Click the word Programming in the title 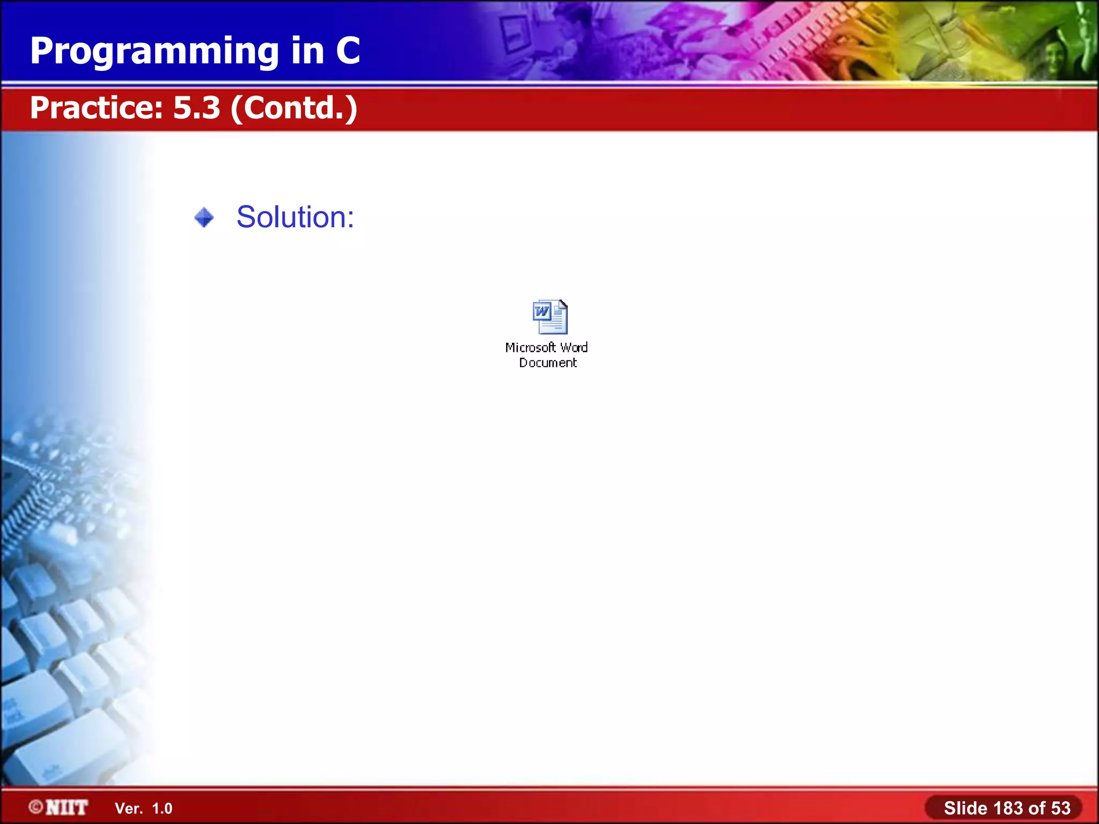click(155, 51)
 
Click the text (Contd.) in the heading click(294, 108)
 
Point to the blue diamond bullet click(204, 217)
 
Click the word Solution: click(295, 217)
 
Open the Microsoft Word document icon click(549, 317)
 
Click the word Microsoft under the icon click(530, 348)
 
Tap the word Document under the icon click(547, 363)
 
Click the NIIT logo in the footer click(67, 807)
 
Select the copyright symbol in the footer click(36, 807)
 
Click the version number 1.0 click(162, 808)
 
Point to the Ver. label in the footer click(129, 808)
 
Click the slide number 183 click(1008, 808)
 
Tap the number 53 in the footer click(1060, 808)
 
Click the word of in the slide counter click(1037, 808)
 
